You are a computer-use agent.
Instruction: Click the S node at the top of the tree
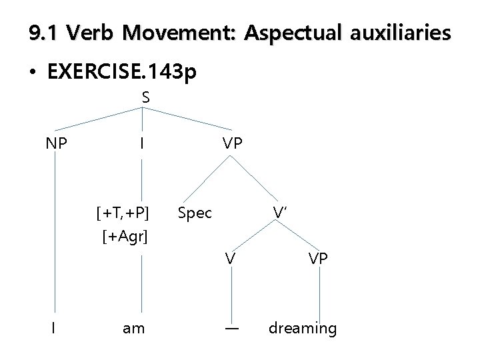point(145,97)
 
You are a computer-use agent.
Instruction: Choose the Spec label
point(195,213)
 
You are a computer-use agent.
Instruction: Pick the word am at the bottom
point(135,329)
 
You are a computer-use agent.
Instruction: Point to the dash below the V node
point(231,328)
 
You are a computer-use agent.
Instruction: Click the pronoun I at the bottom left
point(54,328)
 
